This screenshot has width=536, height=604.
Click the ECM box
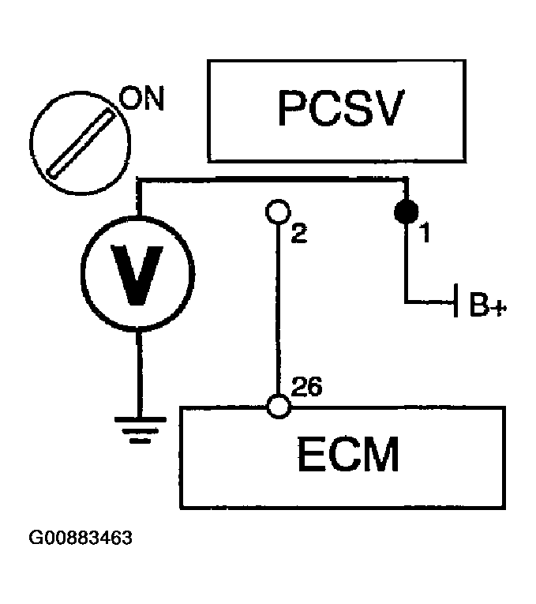[x=354, y=458]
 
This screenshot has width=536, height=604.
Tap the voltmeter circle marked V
[x=137, y=270]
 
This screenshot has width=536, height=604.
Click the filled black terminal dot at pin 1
[x=407, y=212]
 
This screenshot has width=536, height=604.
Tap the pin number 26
[x=306, y=387]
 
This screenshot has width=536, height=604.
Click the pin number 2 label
[x=298, y=234]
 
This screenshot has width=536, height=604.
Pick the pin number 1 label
[x=423, y=234]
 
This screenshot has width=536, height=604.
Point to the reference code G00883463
[x=80, y=539]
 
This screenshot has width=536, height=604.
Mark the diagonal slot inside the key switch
[x=76, y=141]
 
